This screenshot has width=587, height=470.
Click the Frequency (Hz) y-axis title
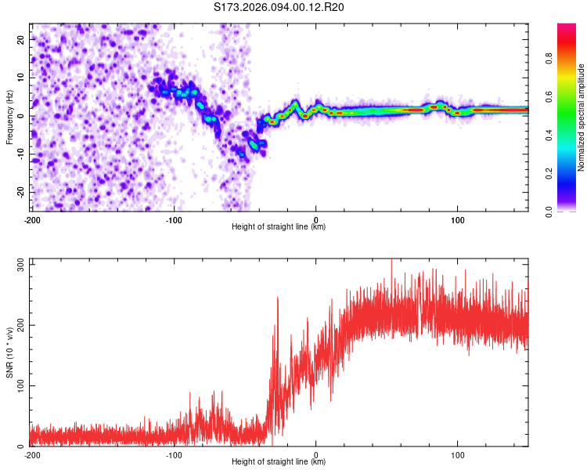pyautogui.click(x=9, y=117)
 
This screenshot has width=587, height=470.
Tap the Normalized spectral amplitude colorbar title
pyautogui.click(x=581, y=117)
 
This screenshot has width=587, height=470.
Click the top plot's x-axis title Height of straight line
pyautogui.click(x=279, y=226)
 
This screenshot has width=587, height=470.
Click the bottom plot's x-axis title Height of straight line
pyautogui.click(x=279, y=461)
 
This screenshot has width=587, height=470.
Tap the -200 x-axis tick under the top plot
pyautogui.click(x=32, y=219)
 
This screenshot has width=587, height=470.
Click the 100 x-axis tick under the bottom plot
pyautogui.click(x=457, y=454)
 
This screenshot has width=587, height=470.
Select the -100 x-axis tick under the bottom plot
pyautogui.click(x=174, y=454)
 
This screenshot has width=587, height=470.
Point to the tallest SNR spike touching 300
pyautogui.click(x=391, y=261)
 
